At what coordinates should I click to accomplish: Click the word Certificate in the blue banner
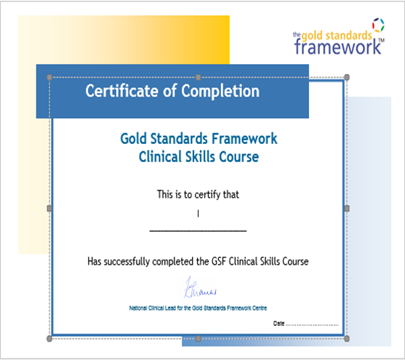point(121,91)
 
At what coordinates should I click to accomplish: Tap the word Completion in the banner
point(220,92)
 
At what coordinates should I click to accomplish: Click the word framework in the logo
point(337,47)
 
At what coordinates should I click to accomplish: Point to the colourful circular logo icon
point(378,25)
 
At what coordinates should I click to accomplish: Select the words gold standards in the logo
point(337,36)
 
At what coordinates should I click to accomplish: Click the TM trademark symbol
point(381,40)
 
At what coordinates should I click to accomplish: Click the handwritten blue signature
point(200,288)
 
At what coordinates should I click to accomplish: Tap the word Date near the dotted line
point(278,324)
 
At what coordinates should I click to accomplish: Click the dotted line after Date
point(312,325)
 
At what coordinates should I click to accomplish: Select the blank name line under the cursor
point(198,231)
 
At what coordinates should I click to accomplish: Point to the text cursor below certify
point(198,214)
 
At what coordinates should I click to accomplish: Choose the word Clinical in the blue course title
point(160,157)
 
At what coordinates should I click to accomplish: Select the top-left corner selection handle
point(49,77)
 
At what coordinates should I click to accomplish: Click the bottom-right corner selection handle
point(347,339)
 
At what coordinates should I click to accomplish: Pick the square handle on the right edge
point(347,208)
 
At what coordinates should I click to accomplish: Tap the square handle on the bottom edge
point(198,339)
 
